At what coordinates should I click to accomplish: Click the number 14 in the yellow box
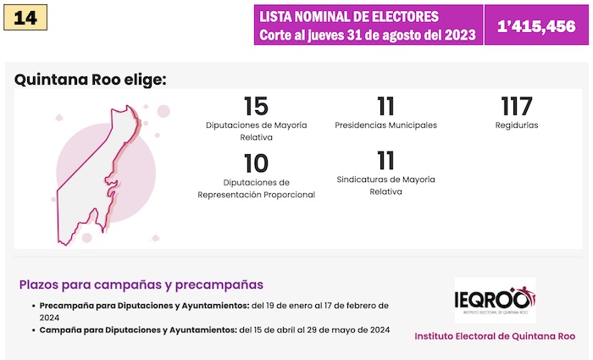tap(25, 18)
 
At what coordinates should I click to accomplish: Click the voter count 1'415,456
tap(536, 25)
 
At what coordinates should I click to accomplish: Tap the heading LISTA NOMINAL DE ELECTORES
tap(349, 17)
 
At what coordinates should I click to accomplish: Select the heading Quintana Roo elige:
tap(91, 80)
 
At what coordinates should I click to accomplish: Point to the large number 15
tap(256, 107)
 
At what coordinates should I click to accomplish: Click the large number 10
tap(256, 163)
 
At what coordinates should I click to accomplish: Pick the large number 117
tap(516, 107)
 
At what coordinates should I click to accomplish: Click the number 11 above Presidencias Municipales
tap(386, 107)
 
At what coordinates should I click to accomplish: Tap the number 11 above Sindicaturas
tap(386, 160)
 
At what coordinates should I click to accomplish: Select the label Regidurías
tap(516, 125)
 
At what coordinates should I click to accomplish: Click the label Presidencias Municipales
tap(386, 125)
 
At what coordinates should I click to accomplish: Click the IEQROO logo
tap(495, 300)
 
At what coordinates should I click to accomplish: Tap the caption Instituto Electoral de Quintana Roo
tap(495, 336)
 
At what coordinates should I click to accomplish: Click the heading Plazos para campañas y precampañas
tap(141, 285)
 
